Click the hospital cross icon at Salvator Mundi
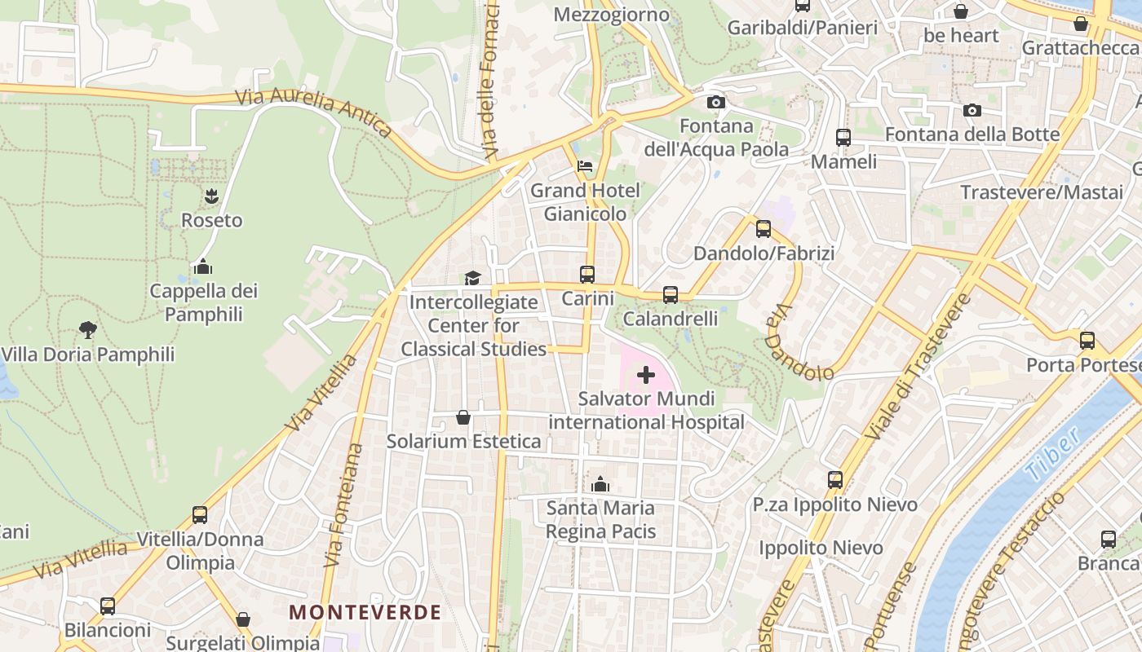(x=645, y=375)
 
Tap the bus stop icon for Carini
(x=587, y=275)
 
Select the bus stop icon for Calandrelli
(x=671, y=295)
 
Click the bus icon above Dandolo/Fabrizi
(x=764, y=229)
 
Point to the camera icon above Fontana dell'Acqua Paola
(x=716, y=102)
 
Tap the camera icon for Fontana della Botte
(x=972, y=110)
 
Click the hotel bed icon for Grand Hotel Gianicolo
(x=585, y=166)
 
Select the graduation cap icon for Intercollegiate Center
(x=472, y=279)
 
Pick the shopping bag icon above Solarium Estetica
(x=463, y=417)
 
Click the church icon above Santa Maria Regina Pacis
(x=600, y=484)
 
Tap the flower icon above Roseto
(x=211, y=196)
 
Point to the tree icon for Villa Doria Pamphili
(x=87, y=330)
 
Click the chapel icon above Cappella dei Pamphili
(x=203, y=267)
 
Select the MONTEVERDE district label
(x=365, y=612)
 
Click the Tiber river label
(x=1051, y=453)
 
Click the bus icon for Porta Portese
(x=1087, y=341)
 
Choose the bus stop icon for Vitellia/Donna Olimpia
(x=200, y=515)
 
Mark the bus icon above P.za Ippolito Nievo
(x=835, y=480)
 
